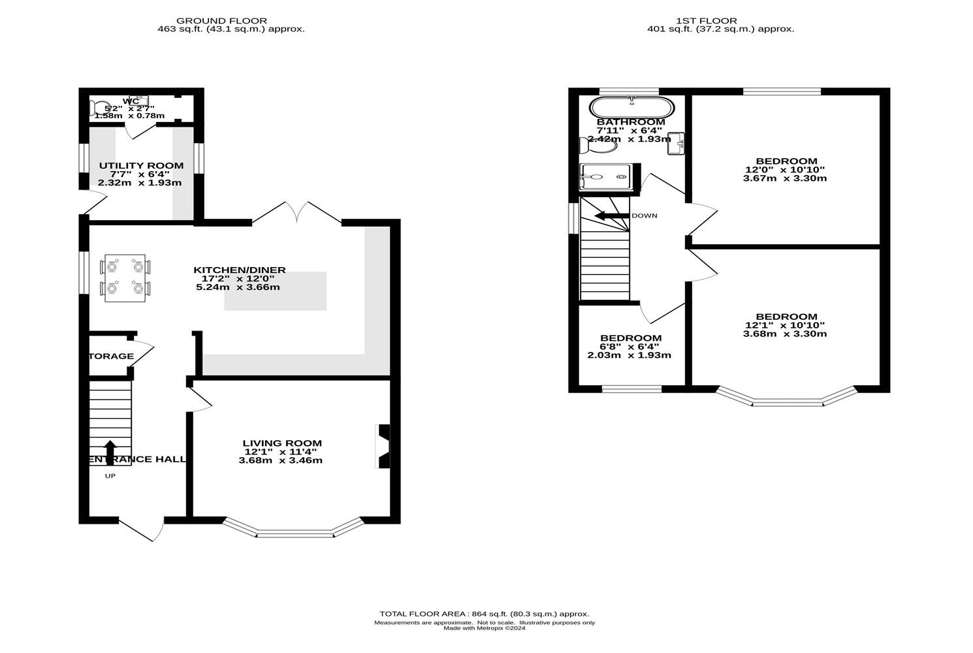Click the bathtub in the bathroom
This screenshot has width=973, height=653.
click(x=630, y=106)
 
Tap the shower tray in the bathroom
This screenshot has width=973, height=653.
click(x=605, y=176)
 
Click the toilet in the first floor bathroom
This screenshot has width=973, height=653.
click(x=598, y=145)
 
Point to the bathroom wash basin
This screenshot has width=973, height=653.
click(x=676, y=143)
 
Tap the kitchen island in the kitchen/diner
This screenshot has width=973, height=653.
click(x=275, y=291)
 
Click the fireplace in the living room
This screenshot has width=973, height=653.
click(x=383, y=446)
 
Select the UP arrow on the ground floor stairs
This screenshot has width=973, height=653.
click(x=110, y=453)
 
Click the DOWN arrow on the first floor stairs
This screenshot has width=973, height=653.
click(x=611, y=215)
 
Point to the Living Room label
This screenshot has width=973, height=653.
click(x=282, y=443)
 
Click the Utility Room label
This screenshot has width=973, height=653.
click(x=140, y=166)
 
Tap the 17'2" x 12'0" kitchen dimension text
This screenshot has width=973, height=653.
click(x=239, y=279)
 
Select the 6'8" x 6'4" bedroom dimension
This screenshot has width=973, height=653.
click(x=630, y=347)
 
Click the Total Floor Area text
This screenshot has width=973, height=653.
click(x=484, y=614)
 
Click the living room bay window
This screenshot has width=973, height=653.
click(x=293, y=531)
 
